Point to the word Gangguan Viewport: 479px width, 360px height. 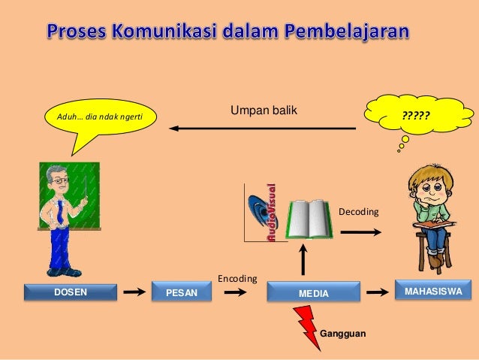343,331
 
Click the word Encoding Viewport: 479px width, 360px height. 237,279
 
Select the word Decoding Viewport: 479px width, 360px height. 360,213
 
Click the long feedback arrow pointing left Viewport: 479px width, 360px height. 262,129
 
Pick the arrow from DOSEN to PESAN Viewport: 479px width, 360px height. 134,292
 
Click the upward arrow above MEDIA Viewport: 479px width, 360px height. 303,259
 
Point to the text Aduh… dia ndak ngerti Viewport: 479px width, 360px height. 95,116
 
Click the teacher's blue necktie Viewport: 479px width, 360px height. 59,213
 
